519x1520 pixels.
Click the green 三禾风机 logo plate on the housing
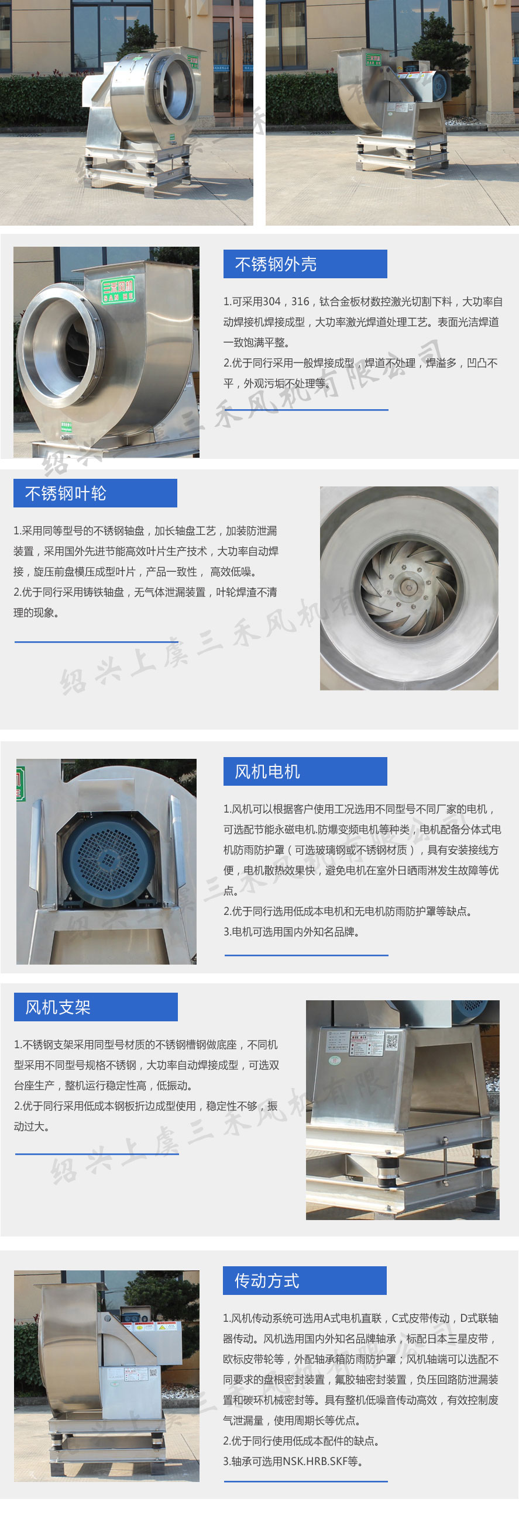[118, 289]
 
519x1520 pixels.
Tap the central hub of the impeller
[408, 587]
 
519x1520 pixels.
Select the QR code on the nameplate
[391, 1041]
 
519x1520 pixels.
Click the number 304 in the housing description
[271, 302]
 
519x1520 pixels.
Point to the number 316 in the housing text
[301, 302]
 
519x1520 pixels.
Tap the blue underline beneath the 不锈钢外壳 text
[306, 409]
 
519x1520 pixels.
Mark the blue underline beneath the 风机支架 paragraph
[97, 1153]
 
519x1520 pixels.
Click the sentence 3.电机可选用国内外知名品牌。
[291, 932]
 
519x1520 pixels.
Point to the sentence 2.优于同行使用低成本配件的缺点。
[301, 1440]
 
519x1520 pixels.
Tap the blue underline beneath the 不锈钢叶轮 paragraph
[96, 641]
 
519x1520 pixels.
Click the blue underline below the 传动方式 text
[306, 1481]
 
